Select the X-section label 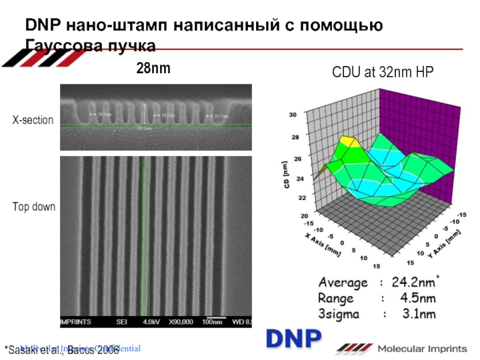click(33, 121)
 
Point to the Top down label click(34, 207)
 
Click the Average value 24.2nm click(415, 283)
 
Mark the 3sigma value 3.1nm click(418, 314)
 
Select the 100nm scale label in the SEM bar click(212, 322)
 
